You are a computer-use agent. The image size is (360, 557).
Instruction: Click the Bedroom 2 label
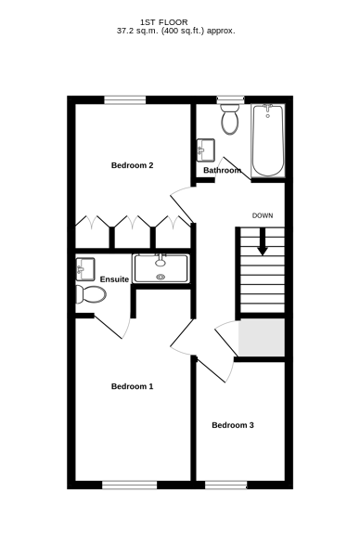click(x=132, y=165)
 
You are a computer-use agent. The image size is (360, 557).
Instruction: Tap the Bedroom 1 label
click(x=132, y=386)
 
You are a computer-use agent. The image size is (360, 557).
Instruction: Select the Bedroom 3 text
click(x=233, y=425)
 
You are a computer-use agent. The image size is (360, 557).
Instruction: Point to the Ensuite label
click(x=114, y=279)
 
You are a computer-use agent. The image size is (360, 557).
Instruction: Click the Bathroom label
click(x=223, y=170)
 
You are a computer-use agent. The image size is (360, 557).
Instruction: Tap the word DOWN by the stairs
click(x=263, y=215)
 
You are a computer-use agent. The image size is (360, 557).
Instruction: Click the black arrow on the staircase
click(x=263, y=241)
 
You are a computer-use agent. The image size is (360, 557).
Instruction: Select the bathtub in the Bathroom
click(x=268, y=141)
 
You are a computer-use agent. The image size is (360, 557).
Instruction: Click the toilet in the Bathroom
click(x=230, y=119)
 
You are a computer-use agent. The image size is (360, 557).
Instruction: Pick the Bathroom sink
click(x=206, y=149)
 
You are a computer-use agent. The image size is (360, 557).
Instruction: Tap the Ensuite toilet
click(x=91, y=294)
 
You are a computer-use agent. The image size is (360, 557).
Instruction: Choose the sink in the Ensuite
click(x=84, y=269)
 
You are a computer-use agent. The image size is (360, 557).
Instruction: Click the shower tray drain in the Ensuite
click(x=161, y=277)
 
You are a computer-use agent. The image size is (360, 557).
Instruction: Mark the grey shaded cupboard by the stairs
click(x=262, y=337)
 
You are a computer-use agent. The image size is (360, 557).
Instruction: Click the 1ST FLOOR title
click(x=164, y=22)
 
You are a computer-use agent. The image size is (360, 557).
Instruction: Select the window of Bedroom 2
click(x=125, y=100)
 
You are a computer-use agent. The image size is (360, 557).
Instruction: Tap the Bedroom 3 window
click(x=225, y=485)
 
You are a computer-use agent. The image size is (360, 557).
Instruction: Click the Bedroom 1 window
click(x=130, y=485)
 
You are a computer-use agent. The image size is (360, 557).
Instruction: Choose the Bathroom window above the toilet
click(x=231, y=100)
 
